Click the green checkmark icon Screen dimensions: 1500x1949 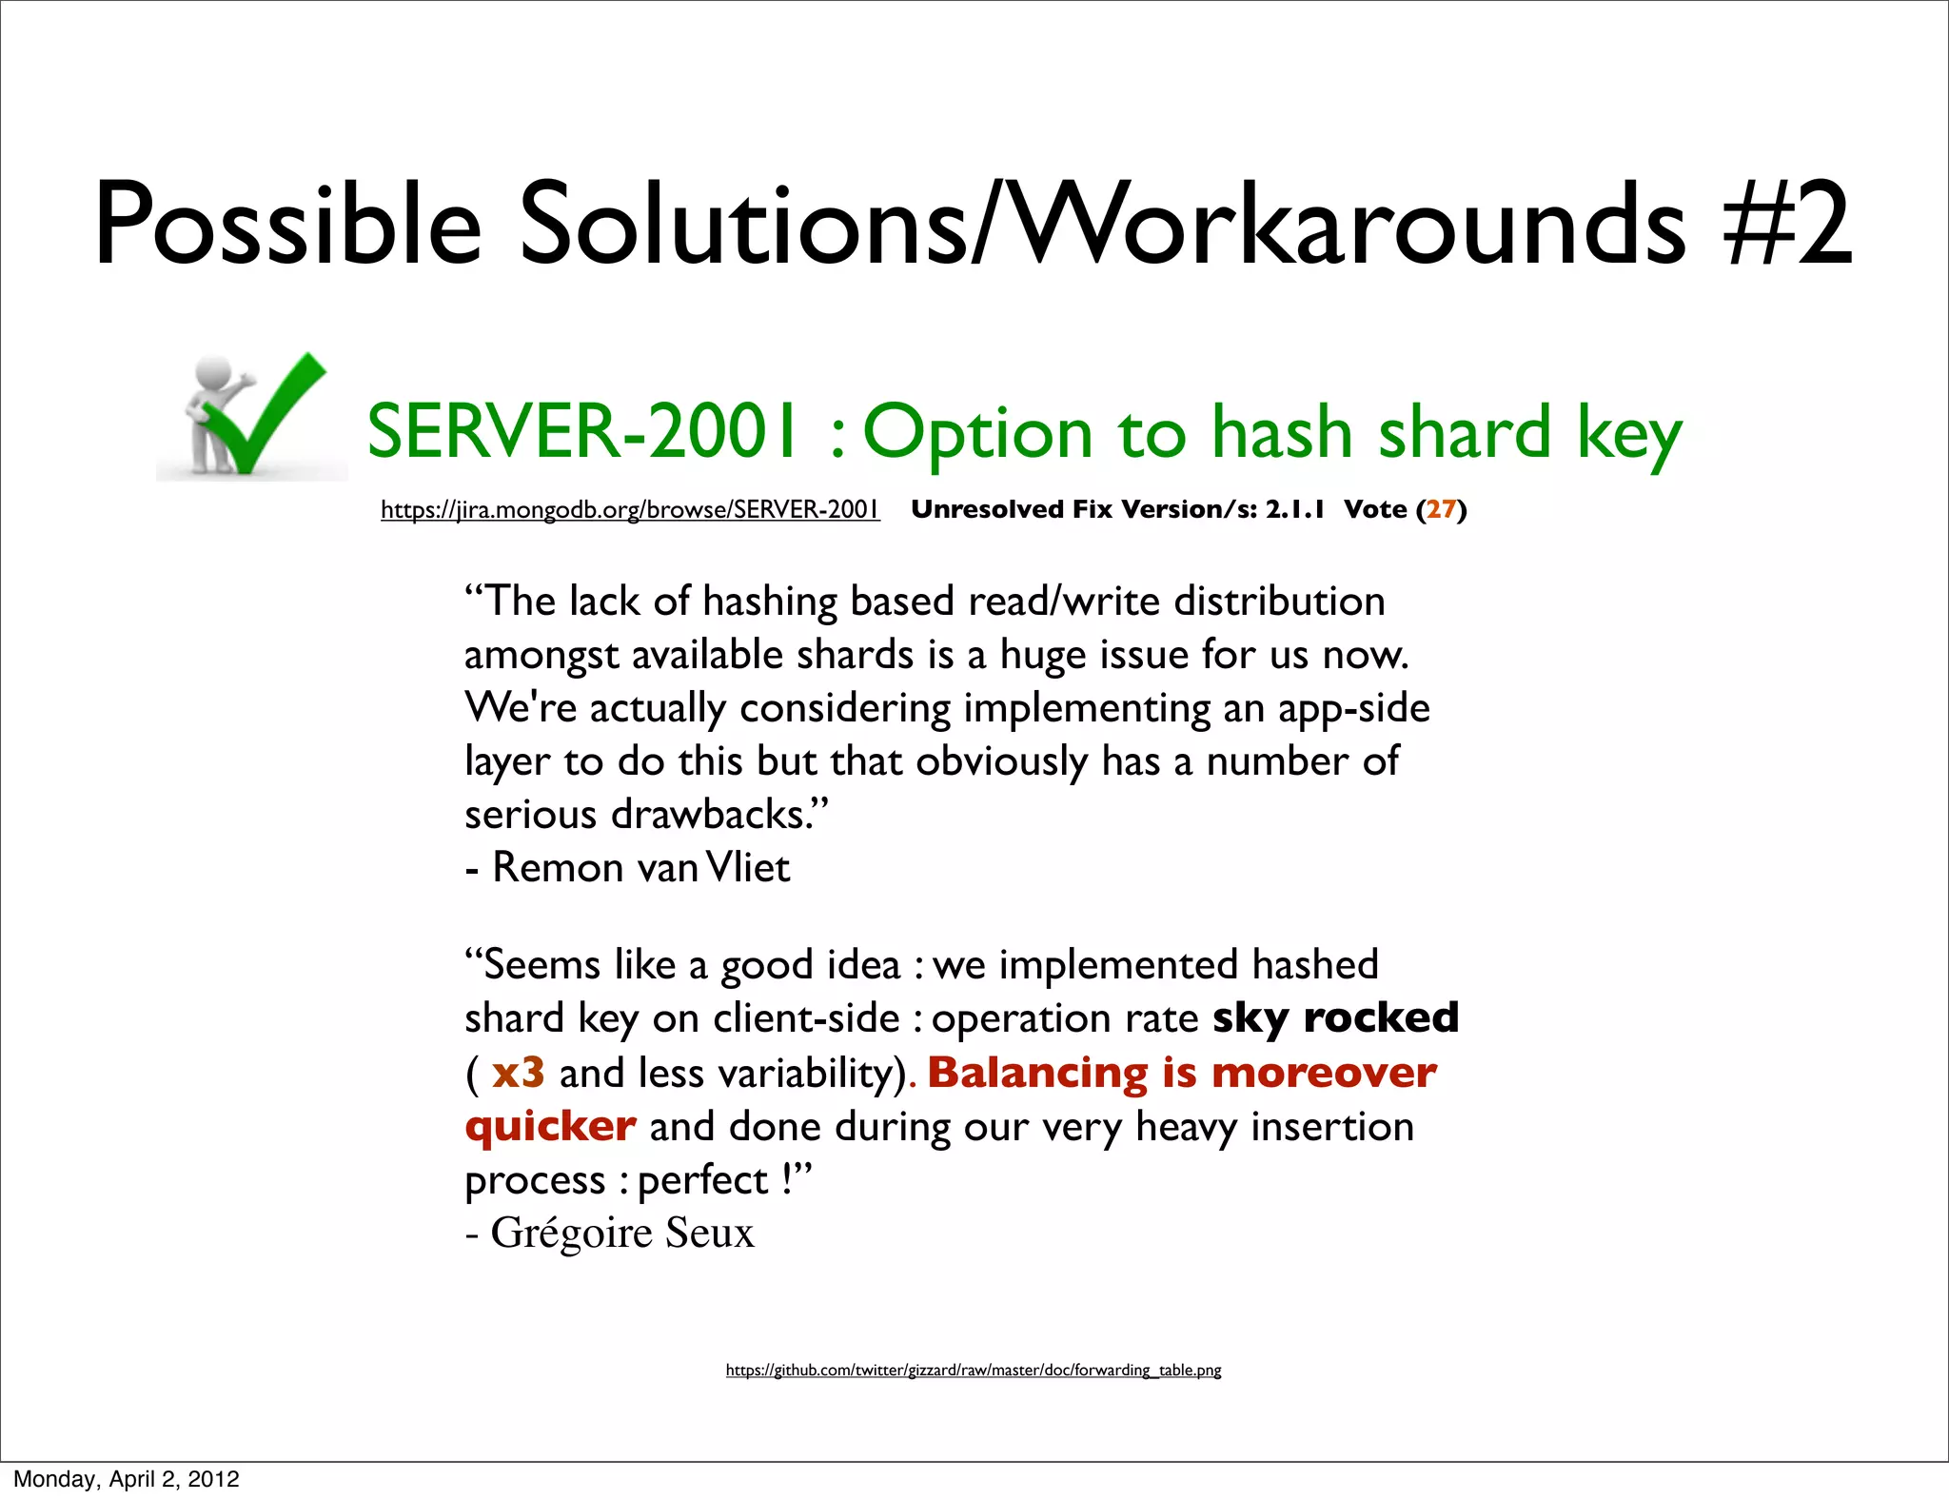262,419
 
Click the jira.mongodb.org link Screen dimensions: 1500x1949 630,510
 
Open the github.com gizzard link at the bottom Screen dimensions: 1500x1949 973,1370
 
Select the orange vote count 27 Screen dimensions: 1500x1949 1441,509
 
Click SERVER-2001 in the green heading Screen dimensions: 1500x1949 581,432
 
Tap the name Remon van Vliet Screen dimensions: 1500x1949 640,868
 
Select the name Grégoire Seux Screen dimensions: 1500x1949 622,1233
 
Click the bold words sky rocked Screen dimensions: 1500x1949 1335,1018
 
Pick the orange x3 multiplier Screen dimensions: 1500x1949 518,1073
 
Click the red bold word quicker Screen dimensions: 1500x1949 550,1127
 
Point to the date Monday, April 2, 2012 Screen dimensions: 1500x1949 127,1479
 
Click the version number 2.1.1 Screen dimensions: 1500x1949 1294,509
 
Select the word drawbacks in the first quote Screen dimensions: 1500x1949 712,815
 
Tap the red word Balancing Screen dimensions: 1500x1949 1037,1073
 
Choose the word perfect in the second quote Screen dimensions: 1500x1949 702,1180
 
